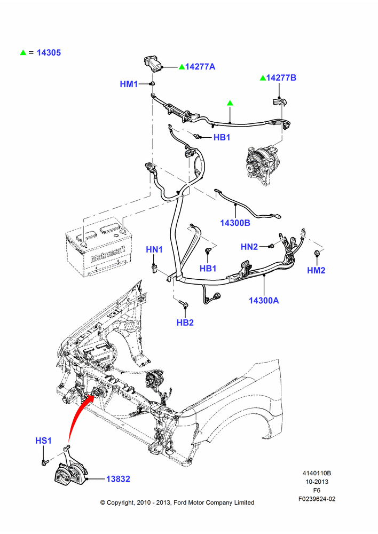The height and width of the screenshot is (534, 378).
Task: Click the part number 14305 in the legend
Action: click(x=49, y=52)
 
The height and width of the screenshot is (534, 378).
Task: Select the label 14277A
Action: click(x=200, y=66)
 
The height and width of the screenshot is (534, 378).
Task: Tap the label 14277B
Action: click(x=281, y=77)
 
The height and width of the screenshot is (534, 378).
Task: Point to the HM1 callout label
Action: click(x=129, y=84)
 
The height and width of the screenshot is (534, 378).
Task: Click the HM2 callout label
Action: click(x=316, y=270)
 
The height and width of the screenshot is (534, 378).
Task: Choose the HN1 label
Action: click(x=154, y=249)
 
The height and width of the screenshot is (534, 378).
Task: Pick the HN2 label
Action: click(x=249, y=247)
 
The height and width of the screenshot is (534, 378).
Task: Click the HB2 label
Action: click(x=185, y=323)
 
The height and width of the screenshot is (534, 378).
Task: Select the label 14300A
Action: click(x=264, y=300)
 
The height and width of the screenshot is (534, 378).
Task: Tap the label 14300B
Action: click(x=235, y=223)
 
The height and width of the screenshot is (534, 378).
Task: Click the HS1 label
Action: click(x=43, y=441)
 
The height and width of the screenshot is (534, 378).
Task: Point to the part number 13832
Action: click(x=118, y=479)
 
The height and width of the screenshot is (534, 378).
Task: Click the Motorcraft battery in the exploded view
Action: click(x=99, y=247)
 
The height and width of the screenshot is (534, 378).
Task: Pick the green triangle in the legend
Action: click(x=23, y=52)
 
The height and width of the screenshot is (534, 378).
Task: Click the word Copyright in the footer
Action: click(x=120, y=502)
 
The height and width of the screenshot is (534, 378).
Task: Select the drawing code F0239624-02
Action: click(x=317, y=499)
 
